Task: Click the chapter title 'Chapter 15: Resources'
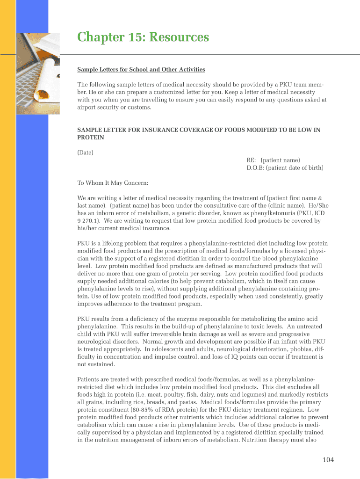click(143, 37)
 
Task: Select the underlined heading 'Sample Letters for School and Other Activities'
click(141, 70)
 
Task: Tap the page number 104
click(328, 460)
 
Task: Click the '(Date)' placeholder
click(85, 152)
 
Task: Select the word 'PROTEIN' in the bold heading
click(91, 138)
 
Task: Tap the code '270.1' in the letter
click(91, 221)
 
